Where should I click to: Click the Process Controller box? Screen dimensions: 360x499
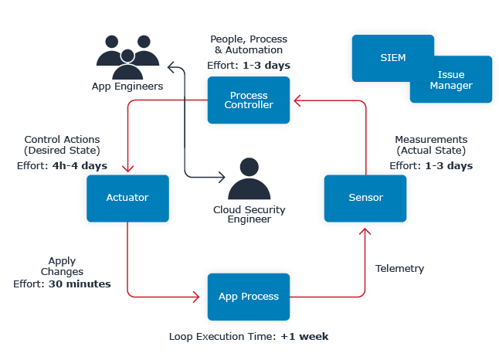point(248,100)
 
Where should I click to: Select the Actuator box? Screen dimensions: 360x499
point(127,198)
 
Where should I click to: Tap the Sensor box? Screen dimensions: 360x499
point(365,198)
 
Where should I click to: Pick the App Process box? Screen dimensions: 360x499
point(248,297)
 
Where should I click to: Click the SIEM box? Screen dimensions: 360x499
point(392,58)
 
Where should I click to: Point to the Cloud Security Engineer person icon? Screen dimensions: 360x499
point(248,179)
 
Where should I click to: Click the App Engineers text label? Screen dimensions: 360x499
point(127,87)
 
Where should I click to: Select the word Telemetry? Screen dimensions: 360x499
point(399,269)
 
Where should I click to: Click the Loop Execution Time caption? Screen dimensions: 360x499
point(249,337)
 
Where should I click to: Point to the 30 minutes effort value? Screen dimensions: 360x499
point(80,284)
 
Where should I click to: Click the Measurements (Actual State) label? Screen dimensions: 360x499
point(430,144)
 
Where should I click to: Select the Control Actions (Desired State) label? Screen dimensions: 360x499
point(62,144)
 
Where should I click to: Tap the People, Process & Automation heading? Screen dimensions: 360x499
point(248,44)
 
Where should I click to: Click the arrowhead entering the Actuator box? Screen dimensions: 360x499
point(127,170)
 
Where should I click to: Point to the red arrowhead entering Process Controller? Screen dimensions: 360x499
point(295,100)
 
